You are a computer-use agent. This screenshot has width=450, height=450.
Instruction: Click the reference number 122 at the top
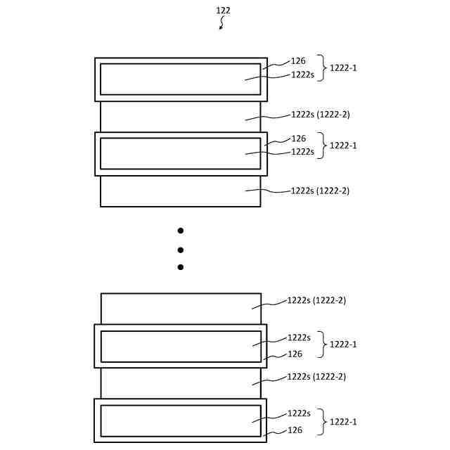click(223, 11)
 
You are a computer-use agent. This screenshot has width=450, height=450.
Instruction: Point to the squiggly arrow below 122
click(222, 24)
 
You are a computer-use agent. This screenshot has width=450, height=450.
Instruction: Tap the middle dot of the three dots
click(180, 250)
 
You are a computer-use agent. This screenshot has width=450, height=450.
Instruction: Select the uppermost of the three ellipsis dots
click(180, 231)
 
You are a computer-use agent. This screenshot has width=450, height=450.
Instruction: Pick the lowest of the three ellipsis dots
click(180, 267)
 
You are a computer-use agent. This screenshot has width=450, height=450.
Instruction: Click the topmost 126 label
click(298, 62)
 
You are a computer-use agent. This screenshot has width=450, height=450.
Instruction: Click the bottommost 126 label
click(295, 430)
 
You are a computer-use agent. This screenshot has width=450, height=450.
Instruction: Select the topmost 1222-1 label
click(343, 68)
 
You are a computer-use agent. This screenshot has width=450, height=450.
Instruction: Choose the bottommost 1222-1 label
click(343, 421)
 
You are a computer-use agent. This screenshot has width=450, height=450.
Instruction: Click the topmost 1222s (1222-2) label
click(320, 114)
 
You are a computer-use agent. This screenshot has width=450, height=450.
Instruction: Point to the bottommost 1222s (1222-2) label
click(316, 376)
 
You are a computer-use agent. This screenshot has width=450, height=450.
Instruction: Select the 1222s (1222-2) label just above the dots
click(320, 191)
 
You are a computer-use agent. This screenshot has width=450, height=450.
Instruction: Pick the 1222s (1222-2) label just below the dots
click(316, 300)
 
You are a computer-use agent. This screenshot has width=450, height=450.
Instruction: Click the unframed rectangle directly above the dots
click(181, 191)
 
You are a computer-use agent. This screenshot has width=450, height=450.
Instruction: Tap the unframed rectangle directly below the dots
click(181, 309)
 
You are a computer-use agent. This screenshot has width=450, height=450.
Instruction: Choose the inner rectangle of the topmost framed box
click(181, 79)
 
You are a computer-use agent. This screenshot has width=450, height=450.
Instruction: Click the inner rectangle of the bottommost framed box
click(181, 420)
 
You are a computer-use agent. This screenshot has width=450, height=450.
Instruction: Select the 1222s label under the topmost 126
click(302, 74)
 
